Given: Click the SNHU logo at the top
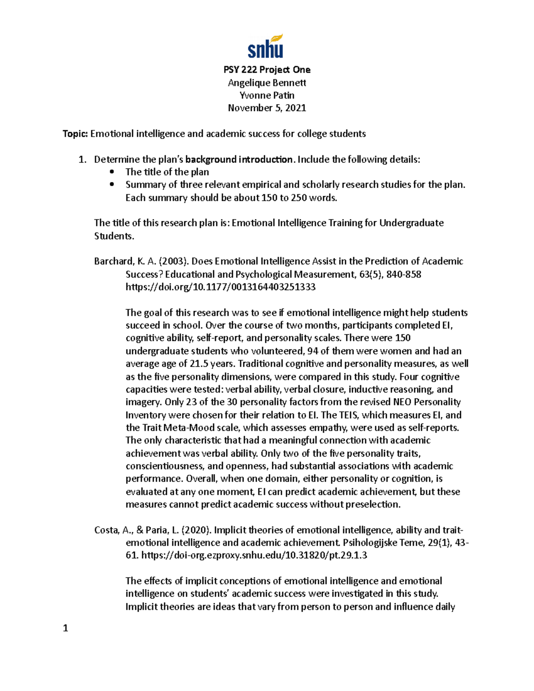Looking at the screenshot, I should tap(266, 47).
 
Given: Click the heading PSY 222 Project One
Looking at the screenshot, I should tap(267, 70).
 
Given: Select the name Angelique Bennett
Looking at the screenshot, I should tap(267, 83).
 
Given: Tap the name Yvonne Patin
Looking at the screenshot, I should tap(267, 95).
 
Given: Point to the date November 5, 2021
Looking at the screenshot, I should tap(267, 108).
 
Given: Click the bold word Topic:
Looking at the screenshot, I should tap(75, 134).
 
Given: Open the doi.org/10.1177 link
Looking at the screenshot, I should tap(220, 287).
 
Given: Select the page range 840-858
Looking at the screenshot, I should tap(404, 275).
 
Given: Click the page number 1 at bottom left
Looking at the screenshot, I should tap(65, 628).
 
